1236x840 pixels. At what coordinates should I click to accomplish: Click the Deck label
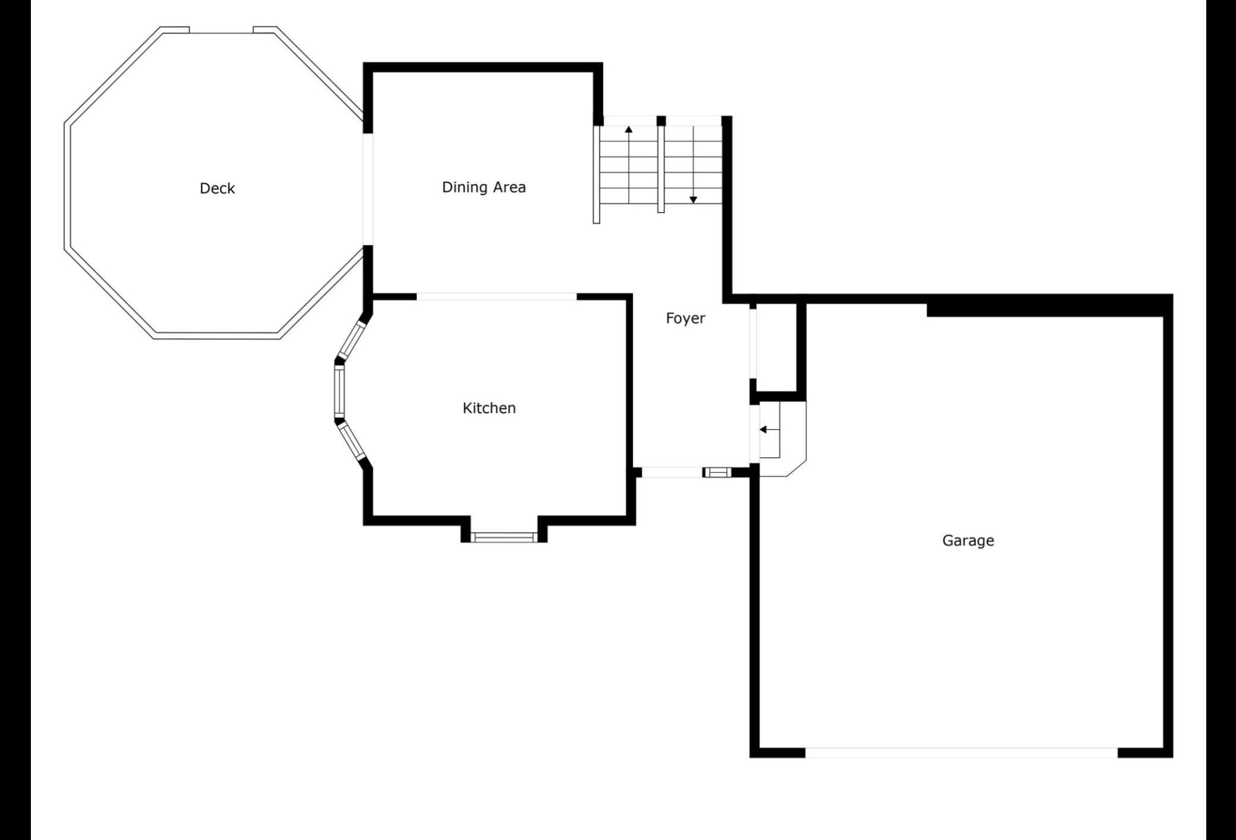[217, 188]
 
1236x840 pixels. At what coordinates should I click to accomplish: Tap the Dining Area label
[484, 187]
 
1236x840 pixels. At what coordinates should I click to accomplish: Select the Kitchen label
[489, 408]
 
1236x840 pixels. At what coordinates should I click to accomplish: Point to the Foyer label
[685, 319]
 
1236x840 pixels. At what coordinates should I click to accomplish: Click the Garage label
[968, 540]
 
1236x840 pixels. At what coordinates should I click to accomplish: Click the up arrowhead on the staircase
[629, 128]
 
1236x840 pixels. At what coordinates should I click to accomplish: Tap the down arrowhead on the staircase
[693, 200]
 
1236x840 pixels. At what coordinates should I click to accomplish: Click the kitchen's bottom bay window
[503, 537]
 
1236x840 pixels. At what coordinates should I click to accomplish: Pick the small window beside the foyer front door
[717, 473]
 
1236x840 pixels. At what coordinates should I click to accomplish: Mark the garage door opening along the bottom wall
[961, 753]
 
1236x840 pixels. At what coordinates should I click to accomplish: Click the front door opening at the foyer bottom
[672, 473]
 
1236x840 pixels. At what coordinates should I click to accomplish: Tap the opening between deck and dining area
[368, 189]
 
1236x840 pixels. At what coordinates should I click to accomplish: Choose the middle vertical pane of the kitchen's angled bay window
[339, 391]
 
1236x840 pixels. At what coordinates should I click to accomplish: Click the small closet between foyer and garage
[776, 348]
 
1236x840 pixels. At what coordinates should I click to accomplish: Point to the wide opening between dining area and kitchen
[497, 297]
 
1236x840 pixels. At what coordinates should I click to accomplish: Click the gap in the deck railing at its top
[221, 30]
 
